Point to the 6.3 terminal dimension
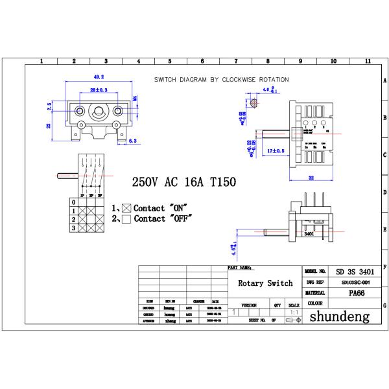pyautogui.click(x=132, y=141)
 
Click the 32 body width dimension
pyautogui.click(x=311, y=177)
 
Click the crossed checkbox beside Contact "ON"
pyautogui.click(x=126, y=208)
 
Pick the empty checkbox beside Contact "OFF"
pyautogui.click(x=126, y=219)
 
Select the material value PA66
pyautogui.click(x=356, y=293)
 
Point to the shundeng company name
pyautogui.click(x=339, y=317)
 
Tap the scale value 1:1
pyautogui.click(x=294, y=312)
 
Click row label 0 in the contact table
pyautogui.click(x=73, y=202)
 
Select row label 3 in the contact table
pyautogui.click(x=73, y=228)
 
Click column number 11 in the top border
pyautogui.click(x=368, y=62)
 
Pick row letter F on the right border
pyautogui.click(x=384, y=266)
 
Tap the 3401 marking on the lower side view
pyautogui.click(x=309, y=233)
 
